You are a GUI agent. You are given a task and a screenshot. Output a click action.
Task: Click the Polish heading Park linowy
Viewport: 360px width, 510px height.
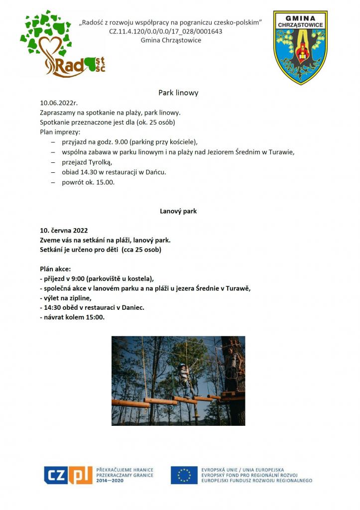(x=178, y=93)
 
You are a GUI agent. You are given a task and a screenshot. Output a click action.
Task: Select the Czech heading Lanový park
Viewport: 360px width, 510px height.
(x=178, y=211)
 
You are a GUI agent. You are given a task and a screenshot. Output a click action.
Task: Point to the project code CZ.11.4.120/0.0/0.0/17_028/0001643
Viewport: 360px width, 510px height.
(x=166, y=31)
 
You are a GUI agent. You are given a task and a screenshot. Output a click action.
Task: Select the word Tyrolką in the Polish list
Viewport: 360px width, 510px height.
(x=102, y=162)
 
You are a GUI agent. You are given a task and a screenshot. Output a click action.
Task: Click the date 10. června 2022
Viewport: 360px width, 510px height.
(x=64, y=231)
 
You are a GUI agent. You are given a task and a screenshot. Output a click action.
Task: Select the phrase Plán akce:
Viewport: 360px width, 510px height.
(x=55, y=268)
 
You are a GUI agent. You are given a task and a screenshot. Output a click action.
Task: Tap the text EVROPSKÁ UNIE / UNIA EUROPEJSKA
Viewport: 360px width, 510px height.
(x=242, y=469)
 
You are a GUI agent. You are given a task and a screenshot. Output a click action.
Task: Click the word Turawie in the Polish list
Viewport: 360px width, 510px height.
(x=282, y=152)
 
